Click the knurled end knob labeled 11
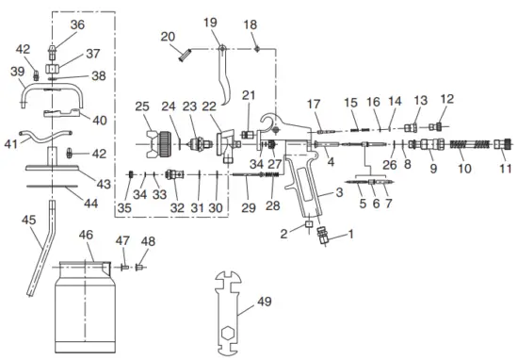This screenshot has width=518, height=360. [x=504, y=145]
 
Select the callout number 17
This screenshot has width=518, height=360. [x=315, y=104]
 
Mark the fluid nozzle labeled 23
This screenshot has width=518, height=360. [x=195, y=145]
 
